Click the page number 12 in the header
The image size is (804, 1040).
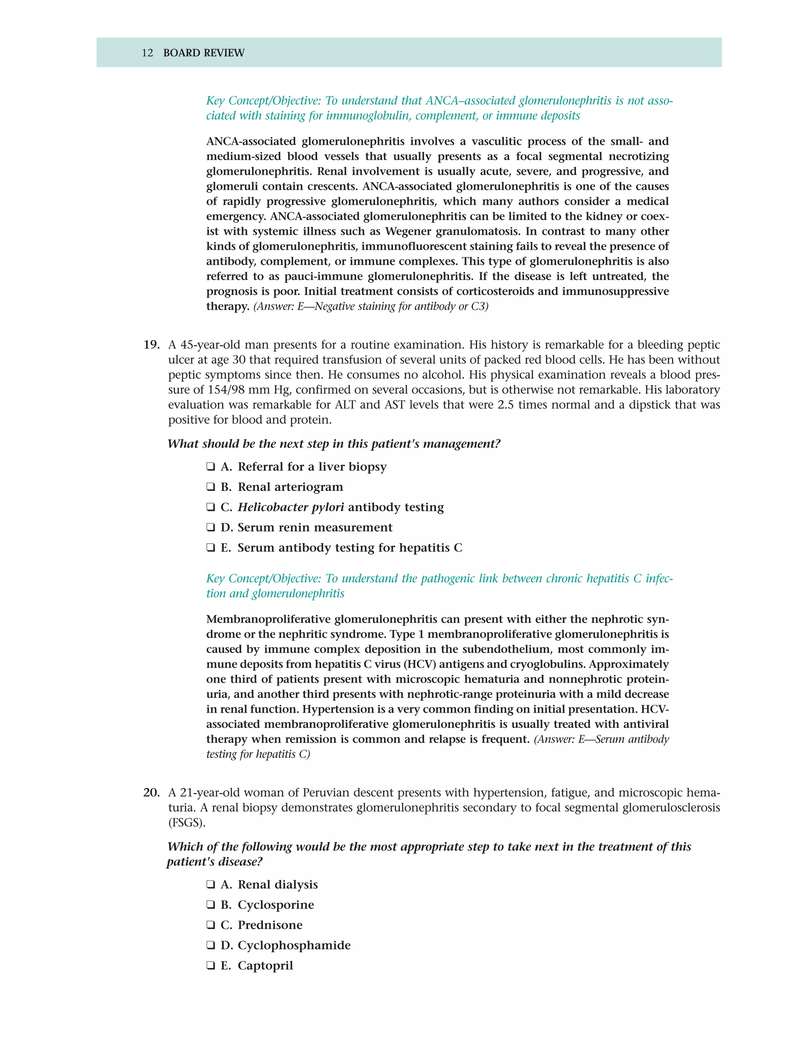pyautogui.click(x=147, y=53)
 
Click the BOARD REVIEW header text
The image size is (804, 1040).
pyautogui.click(x=203, y=53)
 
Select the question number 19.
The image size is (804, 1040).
pyautogui.click(x=151, y=345)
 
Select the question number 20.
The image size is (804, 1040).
pyautogui.click(x=151, y=793)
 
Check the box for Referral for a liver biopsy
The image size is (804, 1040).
pyautogui.click(x=210, y=467)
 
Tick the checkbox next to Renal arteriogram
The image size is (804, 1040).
pyautogui.click(x=210, y=487)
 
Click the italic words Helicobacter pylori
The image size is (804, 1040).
pyautogui.click(x=291, y=507)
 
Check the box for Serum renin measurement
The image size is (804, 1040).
pyautogui.click(x=210, y=527)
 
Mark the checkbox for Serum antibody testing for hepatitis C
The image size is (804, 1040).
pyautogui.click(x=210, y=548)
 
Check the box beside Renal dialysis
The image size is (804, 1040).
pyautogui.click(x=210, y=885)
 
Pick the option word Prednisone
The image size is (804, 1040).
pyautogui.click(x=270, y=925)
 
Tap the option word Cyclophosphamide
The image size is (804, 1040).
pyautogui.click(x=294, y=945)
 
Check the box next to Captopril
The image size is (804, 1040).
pyautogui.click(x=210, y=966)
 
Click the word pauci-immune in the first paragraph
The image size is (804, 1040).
pyautogui.click(x=324, y=277)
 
